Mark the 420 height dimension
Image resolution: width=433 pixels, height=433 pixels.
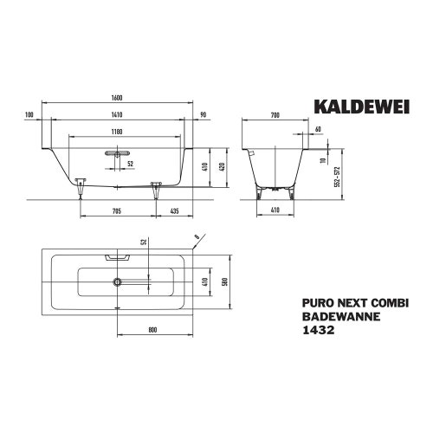[x=223, y=168]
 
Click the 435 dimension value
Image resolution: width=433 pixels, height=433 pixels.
[x=174, y=211]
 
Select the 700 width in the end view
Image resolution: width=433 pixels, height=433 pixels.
[x=275, y=115]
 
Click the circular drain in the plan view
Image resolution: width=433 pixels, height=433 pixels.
[x=116, y=281]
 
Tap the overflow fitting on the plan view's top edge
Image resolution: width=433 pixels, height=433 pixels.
[x=116, y=256]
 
